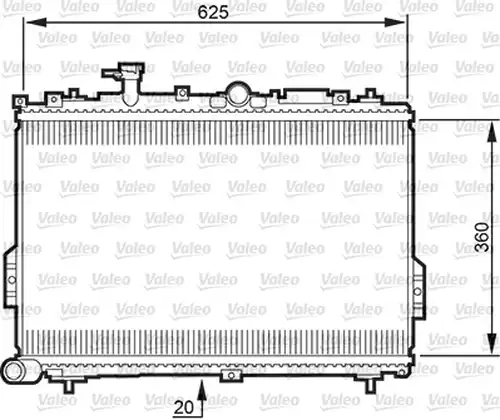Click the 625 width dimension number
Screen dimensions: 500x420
pos(213,12)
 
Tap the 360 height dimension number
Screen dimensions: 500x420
pos(482,237)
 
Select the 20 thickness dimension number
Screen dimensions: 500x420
pos(184,407)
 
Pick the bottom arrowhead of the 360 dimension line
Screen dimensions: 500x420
pos(492,343)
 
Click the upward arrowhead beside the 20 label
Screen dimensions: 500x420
pos(202,390)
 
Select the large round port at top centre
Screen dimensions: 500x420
pos(238,94)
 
